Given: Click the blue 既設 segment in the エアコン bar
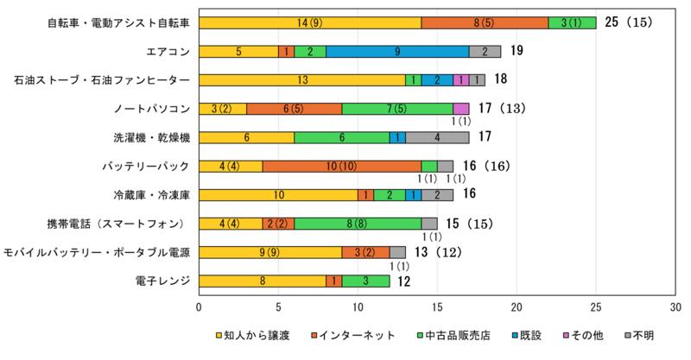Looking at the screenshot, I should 397,52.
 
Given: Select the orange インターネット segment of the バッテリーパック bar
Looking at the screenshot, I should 342,166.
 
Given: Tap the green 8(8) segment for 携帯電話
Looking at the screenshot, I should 358,223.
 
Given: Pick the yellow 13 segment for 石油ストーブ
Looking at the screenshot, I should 302,80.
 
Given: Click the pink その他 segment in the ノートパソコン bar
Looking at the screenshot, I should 461,109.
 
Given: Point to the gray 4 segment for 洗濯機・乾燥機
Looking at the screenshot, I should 437,137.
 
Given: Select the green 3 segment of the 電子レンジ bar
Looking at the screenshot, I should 366,280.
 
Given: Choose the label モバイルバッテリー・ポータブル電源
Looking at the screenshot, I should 97,252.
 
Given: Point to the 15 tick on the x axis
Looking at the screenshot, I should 438,306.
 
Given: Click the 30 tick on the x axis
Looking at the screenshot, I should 675,306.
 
